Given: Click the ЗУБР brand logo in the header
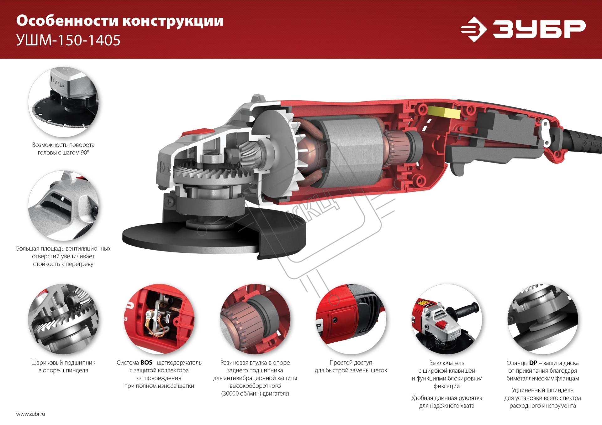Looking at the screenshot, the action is [523, 29].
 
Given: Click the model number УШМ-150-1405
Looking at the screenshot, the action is [68, 40].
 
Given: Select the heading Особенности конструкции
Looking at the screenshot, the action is [120, 21].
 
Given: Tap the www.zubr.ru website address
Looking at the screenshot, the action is [30, 414].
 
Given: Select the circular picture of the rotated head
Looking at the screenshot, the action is [63, 102].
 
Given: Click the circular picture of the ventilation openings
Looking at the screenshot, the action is [63, 205].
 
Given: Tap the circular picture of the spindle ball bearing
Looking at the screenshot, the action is [63, 319].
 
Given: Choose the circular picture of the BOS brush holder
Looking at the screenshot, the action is [159, 319].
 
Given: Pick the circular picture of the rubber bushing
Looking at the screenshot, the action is [255, 319].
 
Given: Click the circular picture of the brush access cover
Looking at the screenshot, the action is [351, 319].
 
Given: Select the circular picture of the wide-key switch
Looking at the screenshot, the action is [447, 319].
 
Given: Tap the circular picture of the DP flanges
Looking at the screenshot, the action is [542, 319].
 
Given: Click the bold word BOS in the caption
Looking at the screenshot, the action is [146, 363].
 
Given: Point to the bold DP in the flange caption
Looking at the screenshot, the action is [533, 363].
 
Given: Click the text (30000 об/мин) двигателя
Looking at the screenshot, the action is [255, 394].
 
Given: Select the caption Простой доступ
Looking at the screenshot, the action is [351, 363].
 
